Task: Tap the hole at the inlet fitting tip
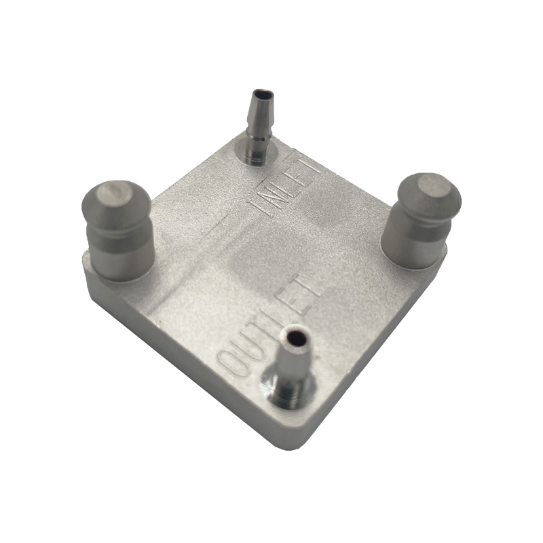pos(263,92)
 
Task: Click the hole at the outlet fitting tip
pos(296,335)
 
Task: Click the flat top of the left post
pos(113,195)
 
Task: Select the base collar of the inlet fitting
pos(255,155)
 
